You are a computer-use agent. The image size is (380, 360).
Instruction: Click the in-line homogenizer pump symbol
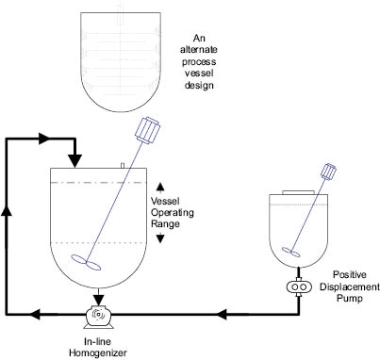coord(98,317)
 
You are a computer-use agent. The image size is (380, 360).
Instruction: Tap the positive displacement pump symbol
coord(299,286)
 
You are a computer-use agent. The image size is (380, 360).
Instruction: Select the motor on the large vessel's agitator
coord(148,130)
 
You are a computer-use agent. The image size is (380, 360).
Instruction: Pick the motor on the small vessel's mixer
coord(328,172)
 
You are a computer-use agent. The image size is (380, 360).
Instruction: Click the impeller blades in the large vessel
coord(86,262)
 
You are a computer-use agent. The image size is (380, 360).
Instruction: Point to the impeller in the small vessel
coord(290,252)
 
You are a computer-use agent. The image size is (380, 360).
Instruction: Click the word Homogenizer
coord(98,352)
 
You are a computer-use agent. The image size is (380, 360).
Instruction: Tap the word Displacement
coord(350,286)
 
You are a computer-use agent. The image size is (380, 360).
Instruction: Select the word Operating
coord(173,213)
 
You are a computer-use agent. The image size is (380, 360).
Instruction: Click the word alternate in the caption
coord(199,50)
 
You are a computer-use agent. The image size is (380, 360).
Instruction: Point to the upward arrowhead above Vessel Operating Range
coord(160,187)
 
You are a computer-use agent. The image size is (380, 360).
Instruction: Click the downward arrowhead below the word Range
coord(160,238)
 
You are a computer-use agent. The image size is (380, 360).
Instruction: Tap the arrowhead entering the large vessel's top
coord(75,161)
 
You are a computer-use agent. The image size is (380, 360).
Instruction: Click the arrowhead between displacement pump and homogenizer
coord(222,314)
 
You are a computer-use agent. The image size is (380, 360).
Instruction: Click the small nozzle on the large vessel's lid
coord(123,165)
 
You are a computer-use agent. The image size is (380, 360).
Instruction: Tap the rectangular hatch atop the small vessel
coord(298,192)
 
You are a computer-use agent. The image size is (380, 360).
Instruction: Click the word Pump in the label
coord(350,298)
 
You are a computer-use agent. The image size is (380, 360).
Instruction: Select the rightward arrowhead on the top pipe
coord(44,139)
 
